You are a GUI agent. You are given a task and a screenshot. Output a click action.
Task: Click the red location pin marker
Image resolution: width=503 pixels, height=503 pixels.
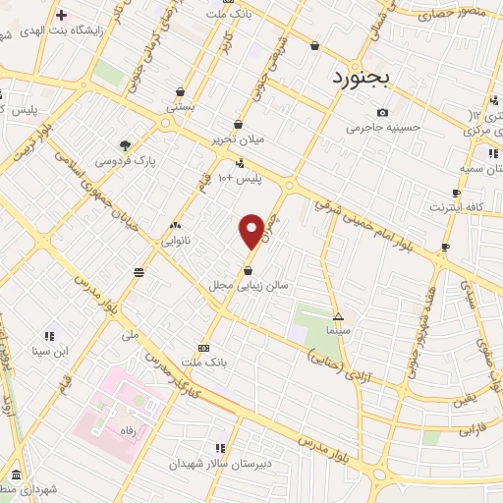251,230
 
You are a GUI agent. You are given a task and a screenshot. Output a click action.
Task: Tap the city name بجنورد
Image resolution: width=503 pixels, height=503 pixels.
362,76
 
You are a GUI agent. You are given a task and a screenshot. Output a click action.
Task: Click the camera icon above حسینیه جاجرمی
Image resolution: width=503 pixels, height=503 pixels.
382,112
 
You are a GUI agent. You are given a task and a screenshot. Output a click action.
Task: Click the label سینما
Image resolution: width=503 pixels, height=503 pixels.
338,331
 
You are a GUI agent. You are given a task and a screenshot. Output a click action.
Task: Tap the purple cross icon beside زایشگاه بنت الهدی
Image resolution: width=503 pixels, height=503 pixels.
61,15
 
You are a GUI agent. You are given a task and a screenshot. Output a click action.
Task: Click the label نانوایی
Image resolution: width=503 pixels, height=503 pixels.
176,239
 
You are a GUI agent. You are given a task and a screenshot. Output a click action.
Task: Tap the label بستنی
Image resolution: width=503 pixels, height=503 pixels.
180,105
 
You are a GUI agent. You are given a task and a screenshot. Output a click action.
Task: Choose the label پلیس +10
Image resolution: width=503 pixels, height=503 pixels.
240,178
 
